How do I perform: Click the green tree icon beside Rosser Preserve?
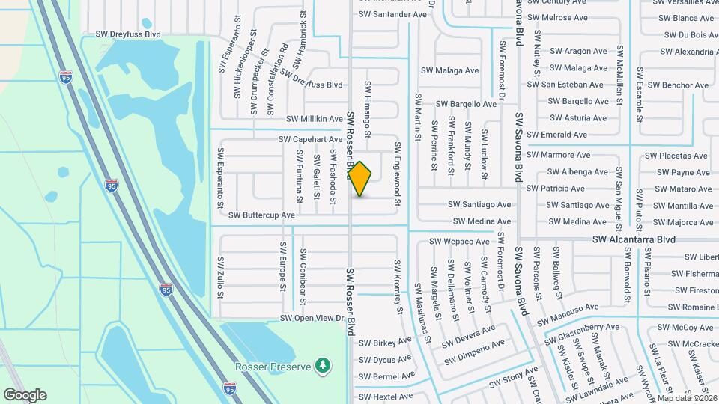(323, 364)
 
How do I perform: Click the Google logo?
(25, 394)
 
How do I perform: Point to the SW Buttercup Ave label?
(261, 215)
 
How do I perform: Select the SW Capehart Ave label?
(311, 139)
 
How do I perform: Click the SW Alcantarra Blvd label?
(634, 239)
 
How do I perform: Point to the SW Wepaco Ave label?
(459, 242)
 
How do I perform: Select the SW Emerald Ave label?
(557, 135)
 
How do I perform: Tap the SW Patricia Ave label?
(556, 189)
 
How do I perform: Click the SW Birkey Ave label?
(385, 343)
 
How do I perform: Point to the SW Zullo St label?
(220, 278)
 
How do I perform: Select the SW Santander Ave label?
(392, 14)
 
